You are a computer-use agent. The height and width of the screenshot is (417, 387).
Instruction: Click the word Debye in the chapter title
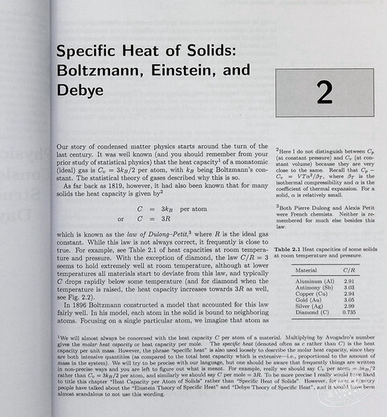[80, 91]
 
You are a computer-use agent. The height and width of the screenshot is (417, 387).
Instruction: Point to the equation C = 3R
[157, 217]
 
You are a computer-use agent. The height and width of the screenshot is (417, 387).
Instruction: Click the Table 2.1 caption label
[292, 250]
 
